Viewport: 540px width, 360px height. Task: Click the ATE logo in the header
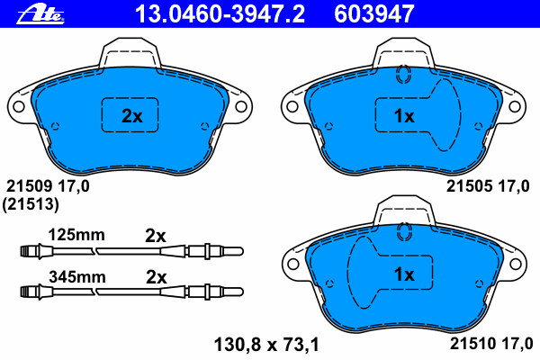tap(40, 15)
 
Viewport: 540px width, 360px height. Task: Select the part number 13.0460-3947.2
tap(220, 14)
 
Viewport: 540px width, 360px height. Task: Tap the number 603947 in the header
tap(374, 14)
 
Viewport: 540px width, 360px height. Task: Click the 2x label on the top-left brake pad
tap(132, 116)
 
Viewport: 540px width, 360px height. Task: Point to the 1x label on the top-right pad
tap(404, 116)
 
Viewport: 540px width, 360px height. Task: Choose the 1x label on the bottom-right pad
tap(404, 274)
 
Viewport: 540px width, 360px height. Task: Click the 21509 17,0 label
tap(48, 186)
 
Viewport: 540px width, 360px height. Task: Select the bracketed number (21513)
tap(31, 204)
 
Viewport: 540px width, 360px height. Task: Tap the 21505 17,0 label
tap(488, 186)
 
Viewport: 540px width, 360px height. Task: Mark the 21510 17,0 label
tap(491, 344)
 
